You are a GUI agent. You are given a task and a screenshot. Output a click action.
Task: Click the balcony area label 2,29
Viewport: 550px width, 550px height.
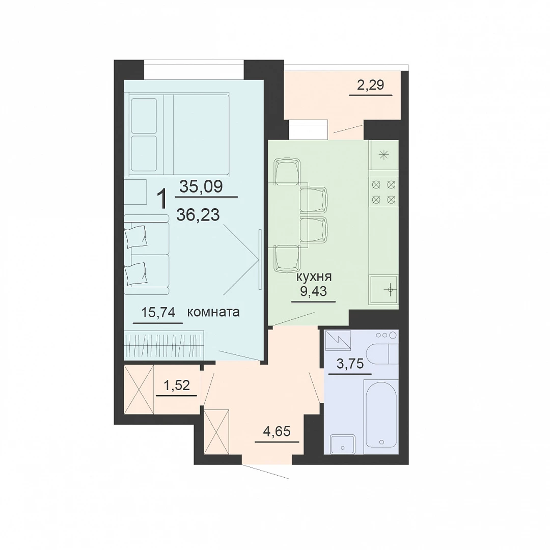tap(370, 85)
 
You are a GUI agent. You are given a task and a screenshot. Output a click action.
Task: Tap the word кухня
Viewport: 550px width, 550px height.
tap(314, 277)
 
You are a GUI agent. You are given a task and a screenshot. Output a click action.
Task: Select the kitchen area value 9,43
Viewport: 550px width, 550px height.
tap(314, 291)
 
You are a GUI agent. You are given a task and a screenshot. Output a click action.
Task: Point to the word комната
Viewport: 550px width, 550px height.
tap(213, 312)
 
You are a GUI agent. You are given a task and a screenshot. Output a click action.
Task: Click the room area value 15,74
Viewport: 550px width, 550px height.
tap(158, 312)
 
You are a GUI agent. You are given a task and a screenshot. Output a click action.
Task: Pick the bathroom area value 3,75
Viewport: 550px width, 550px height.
tap(350, 364)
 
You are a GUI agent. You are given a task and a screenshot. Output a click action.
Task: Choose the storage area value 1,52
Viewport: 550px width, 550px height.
tap(177, 385)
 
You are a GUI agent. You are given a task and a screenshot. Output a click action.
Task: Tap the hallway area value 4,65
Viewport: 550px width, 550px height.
tap(277, 431)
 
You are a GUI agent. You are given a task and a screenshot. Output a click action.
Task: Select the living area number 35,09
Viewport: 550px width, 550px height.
tap(201, 186)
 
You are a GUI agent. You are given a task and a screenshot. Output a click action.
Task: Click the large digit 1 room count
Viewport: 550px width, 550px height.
tap(162, 199)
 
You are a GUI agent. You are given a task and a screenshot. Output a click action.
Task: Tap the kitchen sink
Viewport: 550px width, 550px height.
tap(383, 289)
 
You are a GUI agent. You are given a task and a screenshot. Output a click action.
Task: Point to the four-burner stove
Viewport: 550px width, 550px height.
tap(383, 192)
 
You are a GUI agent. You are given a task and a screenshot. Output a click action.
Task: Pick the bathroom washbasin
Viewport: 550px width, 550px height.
tap(343, 445)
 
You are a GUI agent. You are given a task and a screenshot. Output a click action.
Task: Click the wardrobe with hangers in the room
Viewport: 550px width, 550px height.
tap(164, 345)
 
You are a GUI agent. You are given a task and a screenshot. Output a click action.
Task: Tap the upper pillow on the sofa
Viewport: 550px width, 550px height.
tap(136, 236)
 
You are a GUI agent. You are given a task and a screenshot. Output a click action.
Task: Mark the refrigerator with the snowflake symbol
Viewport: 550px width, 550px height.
tap(383, 155)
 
